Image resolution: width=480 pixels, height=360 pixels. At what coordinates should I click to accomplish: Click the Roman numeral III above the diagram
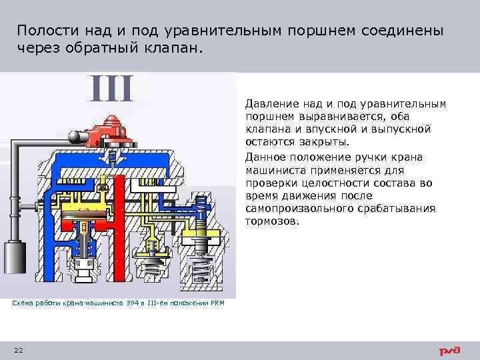point(112,89)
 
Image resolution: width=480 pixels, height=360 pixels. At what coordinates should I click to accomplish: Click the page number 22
point(18,350)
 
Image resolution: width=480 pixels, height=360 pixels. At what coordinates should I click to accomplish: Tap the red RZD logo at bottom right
point(451,351)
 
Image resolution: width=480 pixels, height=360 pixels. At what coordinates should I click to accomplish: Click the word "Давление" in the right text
point(268,104)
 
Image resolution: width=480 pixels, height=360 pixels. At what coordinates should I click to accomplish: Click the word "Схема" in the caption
point(23,303)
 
